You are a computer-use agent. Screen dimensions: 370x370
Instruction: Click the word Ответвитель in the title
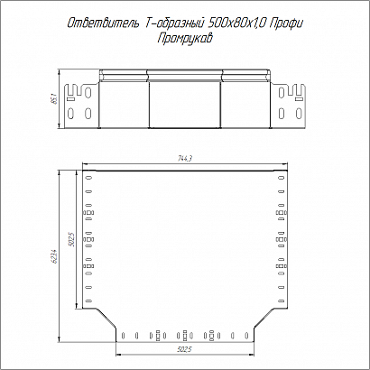[x=103, y=23]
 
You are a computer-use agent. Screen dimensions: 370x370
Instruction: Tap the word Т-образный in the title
[x=174, y=23]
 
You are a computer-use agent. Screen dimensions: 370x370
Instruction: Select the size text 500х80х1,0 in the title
[x=237, y=23]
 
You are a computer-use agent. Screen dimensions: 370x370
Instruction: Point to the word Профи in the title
[x=285, y=23]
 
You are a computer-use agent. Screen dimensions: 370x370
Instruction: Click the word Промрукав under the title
[x=185, y=39]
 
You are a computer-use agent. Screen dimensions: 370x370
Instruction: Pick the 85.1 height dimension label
[x=55, y=98]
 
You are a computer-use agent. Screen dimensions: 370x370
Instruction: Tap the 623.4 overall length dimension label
[x=55, y=256]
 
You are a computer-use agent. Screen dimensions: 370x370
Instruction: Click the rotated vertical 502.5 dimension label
[x=71, y=239]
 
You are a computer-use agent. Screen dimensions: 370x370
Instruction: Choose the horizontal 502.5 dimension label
[x=184, y=349]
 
